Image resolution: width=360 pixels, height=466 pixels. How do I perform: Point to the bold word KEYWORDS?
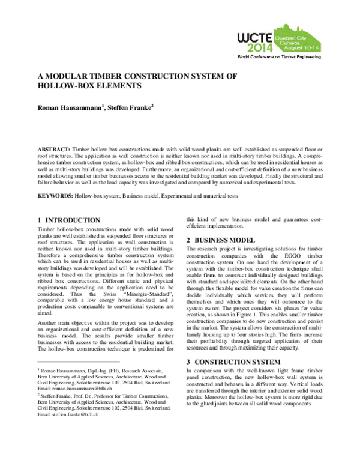(56, 196)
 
